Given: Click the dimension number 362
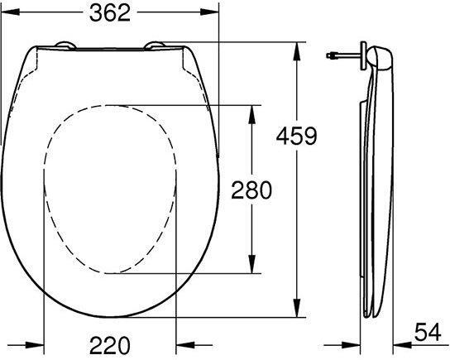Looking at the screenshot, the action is coord(110,13).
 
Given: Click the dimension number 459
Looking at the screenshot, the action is coord(296,136).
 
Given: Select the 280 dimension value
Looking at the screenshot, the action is coord(251,190).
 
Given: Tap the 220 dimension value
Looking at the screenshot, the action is coord(110,345).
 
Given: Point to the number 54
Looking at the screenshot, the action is coord(428,332).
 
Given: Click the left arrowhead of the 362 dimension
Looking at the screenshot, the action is coord(10,12).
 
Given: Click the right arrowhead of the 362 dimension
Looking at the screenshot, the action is coord(209,12).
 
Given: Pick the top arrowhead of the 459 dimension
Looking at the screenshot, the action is coord(297,51).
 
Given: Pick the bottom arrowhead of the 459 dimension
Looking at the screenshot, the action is coord(297,308).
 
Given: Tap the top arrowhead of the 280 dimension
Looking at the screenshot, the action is coord(251,114).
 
